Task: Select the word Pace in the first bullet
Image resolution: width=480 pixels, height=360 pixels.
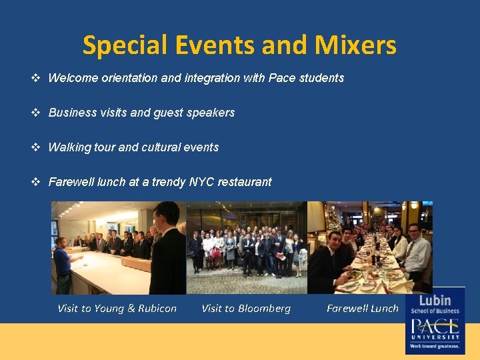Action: [x=281, y=78]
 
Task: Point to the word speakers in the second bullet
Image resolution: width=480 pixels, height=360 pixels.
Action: [x=211, y=113]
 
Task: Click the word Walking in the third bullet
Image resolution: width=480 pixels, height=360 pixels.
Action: [x=67, y=147]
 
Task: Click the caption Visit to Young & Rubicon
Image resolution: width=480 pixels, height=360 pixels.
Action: [x=117, y=308]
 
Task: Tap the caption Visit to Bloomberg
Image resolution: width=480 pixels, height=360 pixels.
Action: [x=246, y=308]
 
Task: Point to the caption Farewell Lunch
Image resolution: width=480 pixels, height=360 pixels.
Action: [x=363, y=308]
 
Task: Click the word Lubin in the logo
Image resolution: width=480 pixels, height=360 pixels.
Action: [x=435, y=300]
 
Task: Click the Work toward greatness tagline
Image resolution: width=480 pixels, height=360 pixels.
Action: [x=435, y=346]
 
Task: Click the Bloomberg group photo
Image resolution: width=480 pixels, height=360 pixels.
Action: [x=247, y=248]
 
